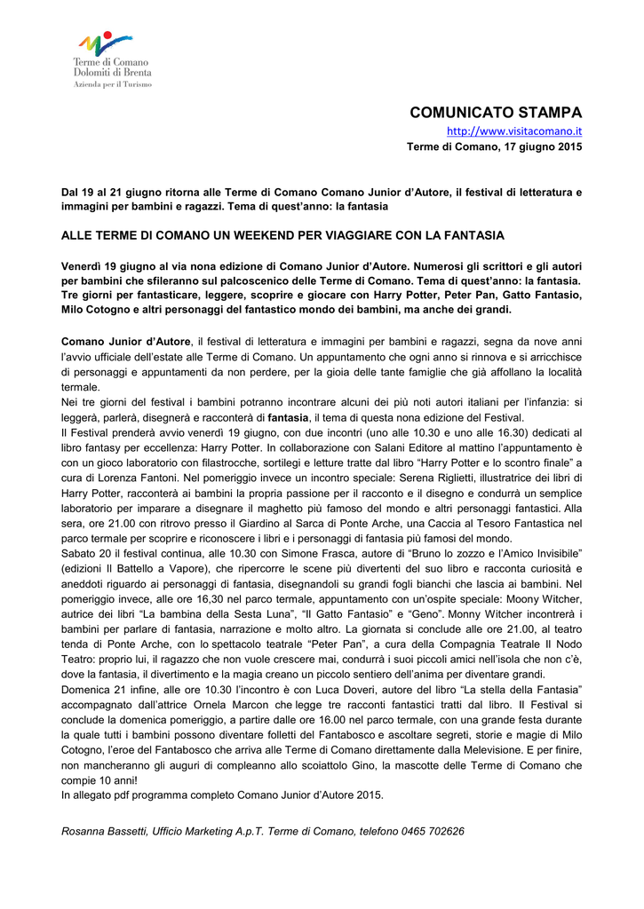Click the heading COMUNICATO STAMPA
[496, 113]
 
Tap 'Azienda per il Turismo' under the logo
[112, 84]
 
